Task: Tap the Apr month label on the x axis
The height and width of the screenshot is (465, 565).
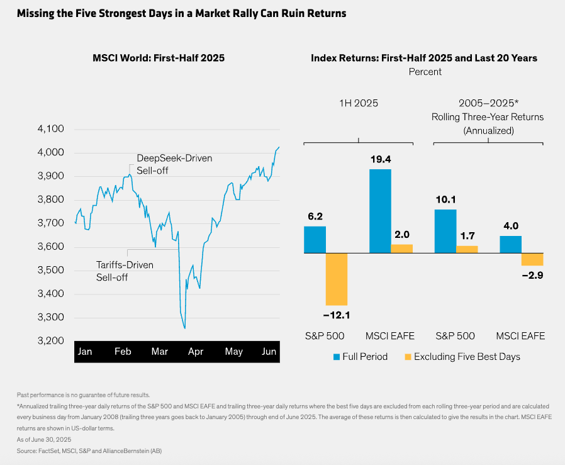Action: (196, 352)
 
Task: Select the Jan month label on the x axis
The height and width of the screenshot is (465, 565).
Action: (84, 352)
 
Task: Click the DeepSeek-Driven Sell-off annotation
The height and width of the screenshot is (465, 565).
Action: (174, 164)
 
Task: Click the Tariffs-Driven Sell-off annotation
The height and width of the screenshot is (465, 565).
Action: (124, 271)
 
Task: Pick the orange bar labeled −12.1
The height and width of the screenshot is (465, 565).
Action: (337, 279)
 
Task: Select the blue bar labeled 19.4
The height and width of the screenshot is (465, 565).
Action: (380, 211)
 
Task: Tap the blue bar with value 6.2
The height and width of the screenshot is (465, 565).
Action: (315, 239)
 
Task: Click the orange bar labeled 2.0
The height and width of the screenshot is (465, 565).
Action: (402, 249)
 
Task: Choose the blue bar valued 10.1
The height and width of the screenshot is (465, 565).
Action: (445, 231)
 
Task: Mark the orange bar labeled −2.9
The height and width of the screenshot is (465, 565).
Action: (532, 259)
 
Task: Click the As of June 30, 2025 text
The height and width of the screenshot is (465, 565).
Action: (44, 439)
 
